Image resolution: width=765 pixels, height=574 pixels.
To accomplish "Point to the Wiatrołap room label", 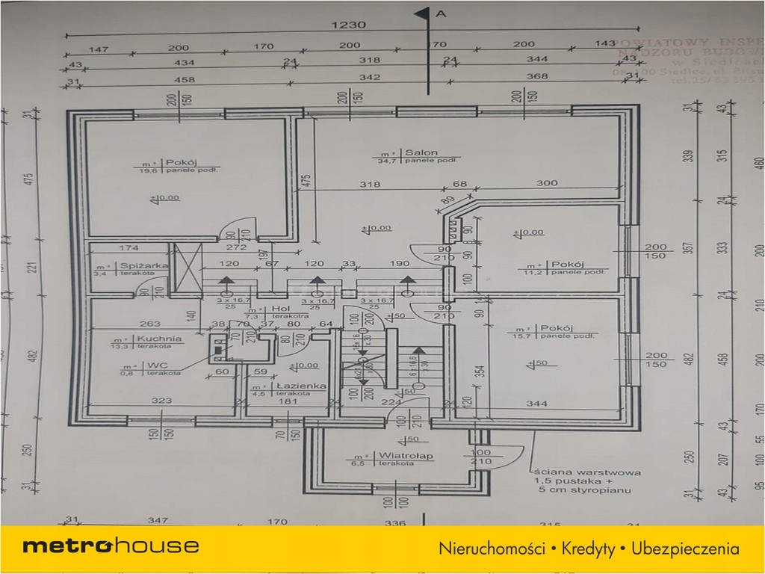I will pyautogui.click(x=395, y=455).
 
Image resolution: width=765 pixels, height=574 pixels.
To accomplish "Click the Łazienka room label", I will pyautogui.click(x=299, y=386).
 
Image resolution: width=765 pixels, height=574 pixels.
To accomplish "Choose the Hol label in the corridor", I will pyautogui.click(x=280, y=308).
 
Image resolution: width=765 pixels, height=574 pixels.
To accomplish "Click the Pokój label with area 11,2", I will pyautogui.click(x=566, y=265).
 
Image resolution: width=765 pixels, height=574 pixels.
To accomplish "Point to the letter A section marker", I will pyautogui.click(x=441, y=13).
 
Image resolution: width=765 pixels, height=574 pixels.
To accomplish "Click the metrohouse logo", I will pyautogui.click(x=111, y=546).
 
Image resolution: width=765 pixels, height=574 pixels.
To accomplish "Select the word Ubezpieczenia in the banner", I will pyautogui.click(x=685, y=549).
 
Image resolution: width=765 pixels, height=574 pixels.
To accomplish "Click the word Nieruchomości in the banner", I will pyautogui.click(x=492, y=549).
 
